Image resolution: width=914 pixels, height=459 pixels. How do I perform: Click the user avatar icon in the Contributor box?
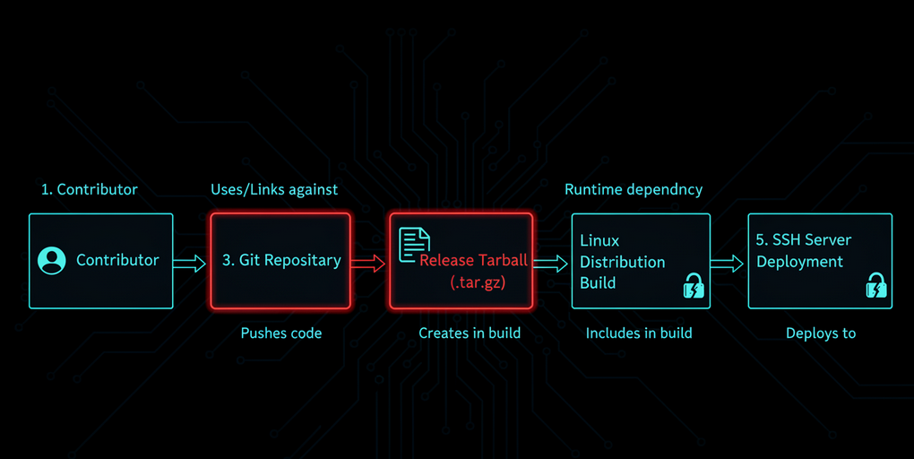(52, 261)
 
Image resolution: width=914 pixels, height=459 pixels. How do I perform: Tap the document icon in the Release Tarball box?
(414, 244)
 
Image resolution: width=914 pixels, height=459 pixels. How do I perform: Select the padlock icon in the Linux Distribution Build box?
(694, 286)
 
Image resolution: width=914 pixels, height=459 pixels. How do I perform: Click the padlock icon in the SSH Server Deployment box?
(875, 286)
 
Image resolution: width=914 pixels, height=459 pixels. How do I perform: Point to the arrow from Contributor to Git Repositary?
(190, 263)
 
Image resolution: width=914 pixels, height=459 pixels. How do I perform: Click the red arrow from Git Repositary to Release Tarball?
(368, 263)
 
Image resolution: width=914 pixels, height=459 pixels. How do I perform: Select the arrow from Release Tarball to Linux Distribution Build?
(550, 263)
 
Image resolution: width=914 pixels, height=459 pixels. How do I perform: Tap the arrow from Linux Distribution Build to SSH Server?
(728, 263)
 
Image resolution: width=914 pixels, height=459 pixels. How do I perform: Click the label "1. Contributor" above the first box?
(90, 189)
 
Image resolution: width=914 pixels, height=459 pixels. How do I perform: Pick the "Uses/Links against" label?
(274, 189)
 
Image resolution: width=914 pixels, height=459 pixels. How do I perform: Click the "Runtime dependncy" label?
(634, 189)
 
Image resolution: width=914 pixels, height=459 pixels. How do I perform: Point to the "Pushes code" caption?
(281, 333)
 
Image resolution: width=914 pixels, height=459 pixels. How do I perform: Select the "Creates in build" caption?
(470, 333)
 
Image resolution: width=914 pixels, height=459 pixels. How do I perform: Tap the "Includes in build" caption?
(639, 333)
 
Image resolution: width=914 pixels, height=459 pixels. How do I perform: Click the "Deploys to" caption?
(821, 333)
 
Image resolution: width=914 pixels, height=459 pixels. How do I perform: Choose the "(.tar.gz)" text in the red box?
(478, 282)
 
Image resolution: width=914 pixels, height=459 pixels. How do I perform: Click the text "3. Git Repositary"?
(281, 261)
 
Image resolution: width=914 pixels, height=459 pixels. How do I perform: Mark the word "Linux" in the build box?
(599, 241)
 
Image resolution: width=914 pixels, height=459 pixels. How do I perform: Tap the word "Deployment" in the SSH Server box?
(800, 262)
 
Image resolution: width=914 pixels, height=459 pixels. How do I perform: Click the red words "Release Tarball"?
(474, 261)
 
